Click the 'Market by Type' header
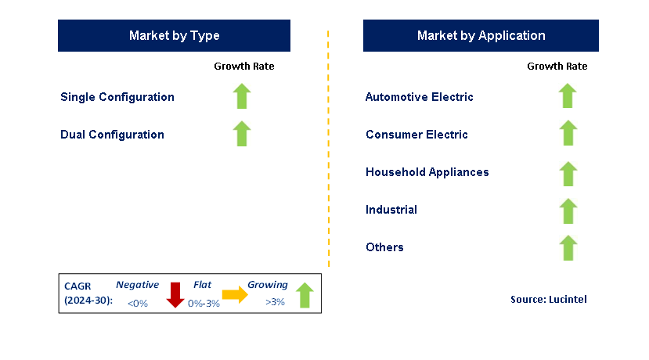174,35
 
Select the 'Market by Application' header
481,35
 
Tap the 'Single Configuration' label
117,97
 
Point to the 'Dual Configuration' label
112,135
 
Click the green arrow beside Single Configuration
242,96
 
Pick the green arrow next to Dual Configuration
242,134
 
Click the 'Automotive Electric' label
420,97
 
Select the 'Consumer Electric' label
416,135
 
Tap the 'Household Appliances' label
427,172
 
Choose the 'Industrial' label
391,210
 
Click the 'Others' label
384,247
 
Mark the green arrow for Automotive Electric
568,95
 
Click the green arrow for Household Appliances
568,174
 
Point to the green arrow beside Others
568,248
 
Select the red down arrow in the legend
175,295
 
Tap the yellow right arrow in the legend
235,294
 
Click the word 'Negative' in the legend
138,285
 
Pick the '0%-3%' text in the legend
204,304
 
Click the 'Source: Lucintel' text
549,299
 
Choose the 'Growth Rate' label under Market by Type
244,67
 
